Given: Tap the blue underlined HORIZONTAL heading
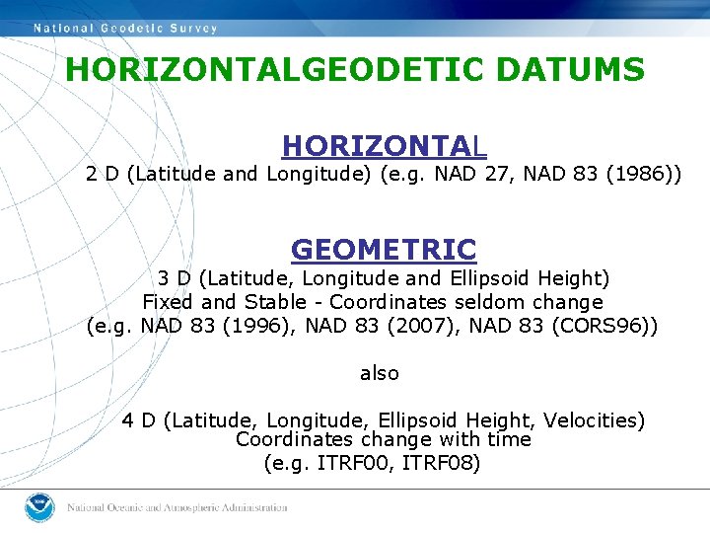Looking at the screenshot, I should tap(384, 147).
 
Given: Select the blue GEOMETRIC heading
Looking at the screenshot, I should tap(384, 249).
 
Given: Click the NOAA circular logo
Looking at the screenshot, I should tap(39, 506).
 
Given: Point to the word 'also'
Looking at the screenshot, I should tap(380, 373).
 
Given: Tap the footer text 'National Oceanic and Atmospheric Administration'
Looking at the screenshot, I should tap(177, 507).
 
